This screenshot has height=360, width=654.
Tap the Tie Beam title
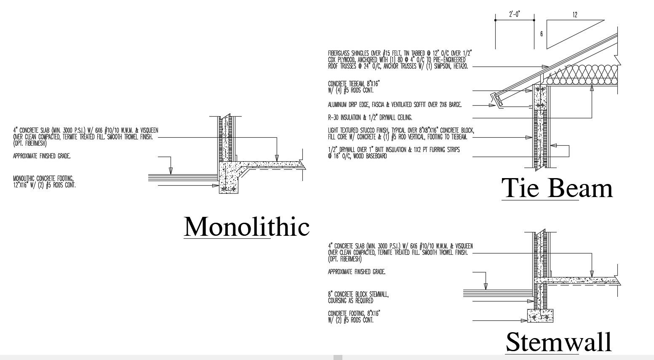(557, 188)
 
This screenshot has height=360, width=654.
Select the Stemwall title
(558, 342)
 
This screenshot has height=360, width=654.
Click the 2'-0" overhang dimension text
(514, 15)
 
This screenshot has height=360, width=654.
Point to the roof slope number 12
(575, 15)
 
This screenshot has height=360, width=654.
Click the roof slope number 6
(542, 34)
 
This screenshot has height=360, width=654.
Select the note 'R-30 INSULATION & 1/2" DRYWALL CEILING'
(370, 117)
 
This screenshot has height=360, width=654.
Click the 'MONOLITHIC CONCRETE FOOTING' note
(45, 181)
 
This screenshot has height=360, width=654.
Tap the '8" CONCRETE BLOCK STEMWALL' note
(358, 298)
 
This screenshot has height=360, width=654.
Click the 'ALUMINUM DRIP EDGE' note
(394, 104)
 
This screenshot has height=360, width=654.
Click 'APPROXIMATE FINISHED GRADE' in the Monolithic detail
(42, 156)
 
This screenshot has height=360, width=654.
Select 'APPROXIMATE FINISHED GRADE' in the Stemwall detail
(356, 272)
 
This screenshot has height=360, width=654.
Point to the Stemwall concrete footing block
(540, 315)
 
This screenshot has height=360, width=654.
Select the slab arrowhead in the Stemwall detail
(591, 274)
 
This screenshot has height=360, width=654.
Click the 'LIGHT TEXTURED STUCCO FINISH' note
(400, 133)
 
